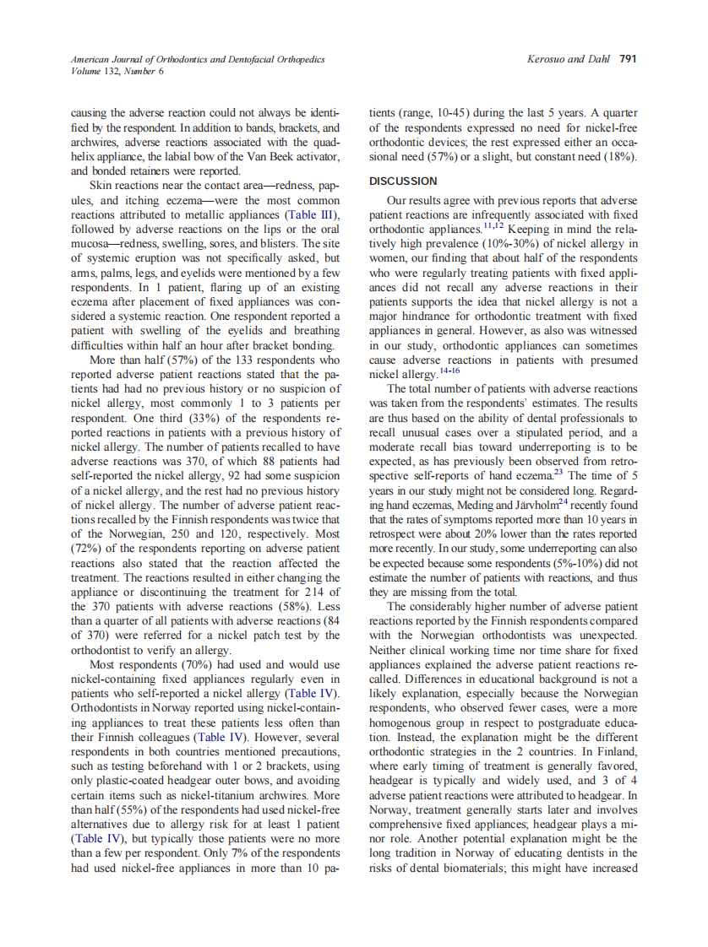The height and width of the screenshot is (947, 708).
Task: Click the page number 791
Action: tap(628, 60)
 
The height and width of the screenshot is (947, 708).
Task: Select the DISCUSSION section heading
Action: tap(403, 181)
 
